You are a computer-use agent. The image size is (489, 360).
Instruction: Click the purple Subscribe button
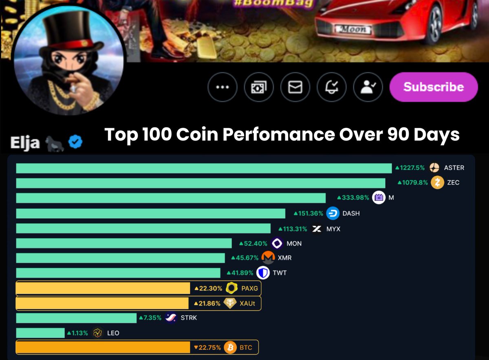point(434,87)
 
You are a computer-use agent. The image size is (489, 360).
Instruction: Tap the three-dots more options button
point(222,87)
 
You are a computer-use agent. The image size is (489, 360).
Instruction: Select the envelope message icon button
point(295,87)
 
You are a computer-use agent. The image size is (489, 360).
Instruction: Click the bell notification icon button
point(332,87)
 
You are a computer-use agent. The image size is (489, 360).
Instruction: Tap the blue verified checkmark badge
point(75,142)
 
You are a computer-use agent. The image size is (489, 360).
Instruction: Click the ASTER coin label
point(454,168)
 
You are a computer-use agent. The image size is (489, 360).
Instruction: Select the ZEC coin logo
point(438,182)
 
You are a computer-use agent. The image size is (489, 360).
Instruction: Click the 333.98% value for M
point(353,198)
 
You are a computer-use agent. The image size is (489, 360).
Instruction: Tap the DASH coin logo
point(333,213)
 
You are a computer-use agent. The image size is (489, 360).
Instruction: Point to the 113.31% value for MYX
point(294,229)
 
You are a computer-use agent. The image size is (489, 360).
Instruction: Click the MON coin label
point(294,244)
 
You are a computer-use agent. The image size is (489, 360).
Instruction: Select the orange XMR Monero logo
point(268,258)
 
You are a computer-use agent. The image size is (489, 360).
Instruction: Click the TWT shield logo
point(263,273)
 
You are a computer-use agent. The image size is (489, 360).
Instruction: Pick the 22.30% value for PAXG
point(208,289)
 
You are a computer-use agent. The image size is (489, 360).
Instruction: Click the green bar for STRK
point(76,318)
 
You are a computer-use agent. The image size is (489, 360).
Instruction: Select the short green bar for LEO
point(40,333)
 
